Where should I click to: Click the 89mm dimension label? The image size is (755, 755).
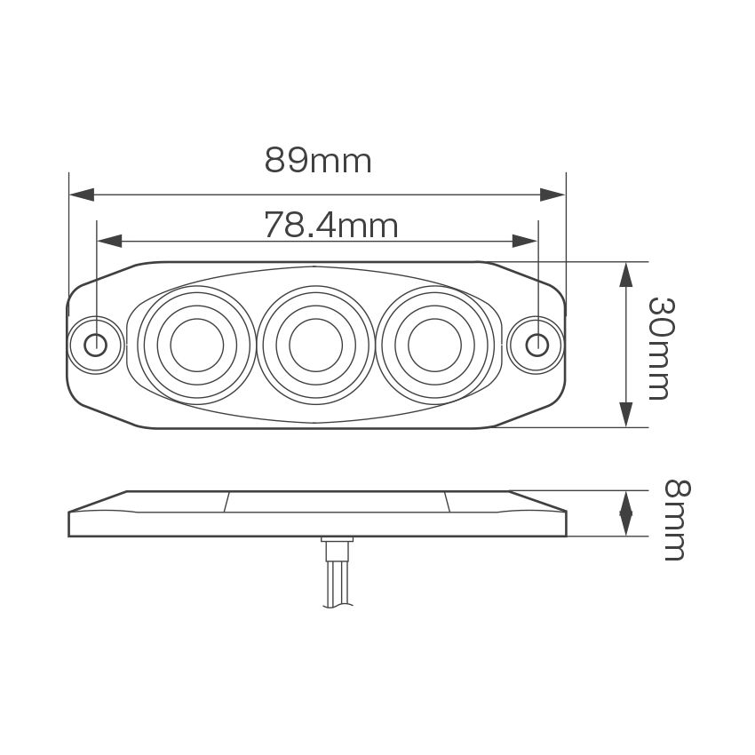[x=318, y=161]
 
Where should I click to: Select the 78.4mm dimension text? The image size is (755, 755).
[x=330, y=226]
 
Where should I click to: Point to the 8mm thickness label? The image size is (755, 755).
[x=675, y=520]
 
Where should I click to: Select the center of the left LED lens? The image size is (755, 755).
[x=196, y=344]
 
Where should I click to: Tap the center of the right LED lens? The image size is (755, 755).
[x=434, y=344]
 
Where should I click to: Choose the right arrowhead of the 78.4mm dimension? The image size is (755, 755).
[x=525, y=241]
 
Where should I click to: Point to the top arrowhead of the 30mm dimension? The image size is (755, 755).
[x=626, y=274]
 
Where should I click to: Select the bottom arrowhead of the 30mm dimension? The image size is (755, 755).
[x=626, y=415]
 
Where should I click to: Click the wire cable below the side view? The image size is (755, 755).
[x=337, y=586]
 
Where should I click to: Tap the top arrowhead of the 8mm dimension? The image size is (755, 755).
[x=626, y=499]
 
